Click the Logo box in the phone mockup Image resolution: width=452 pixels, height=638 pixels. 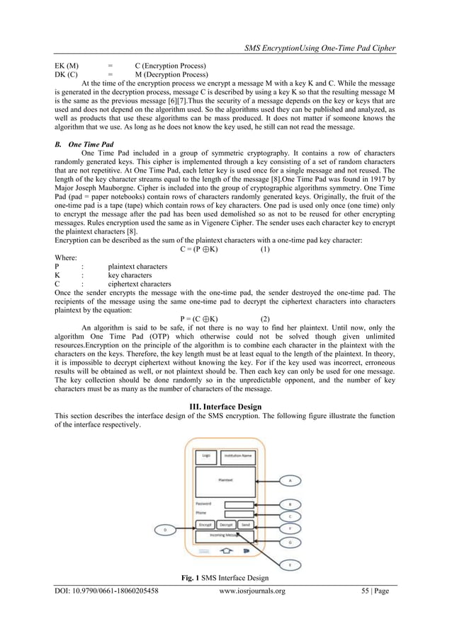coord(206,456)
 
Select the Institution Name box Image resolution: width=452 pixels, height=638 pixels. coord(237,456)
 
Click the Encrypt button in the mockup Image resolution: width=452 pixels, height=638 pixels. coord(205,525)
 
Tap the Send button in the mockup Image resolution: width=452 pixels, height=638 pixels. coord(245,525)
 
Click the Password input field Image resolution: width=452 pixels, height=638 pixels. coord(239,504)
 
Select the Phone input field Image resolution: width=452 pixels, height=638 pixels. coord(239,514)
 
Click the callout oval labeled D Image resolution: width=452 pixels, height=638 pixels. coord(165,528)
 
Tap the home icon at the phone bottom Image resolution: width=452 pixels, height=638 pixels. coord(225,549)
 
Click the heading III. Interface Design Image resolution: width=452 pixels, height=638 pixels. coord(225,407)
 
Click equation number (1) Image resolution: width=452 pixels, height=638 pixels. coord(264,250)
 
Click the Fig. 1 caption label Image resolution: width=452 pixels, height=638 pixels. coord(193,579)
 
